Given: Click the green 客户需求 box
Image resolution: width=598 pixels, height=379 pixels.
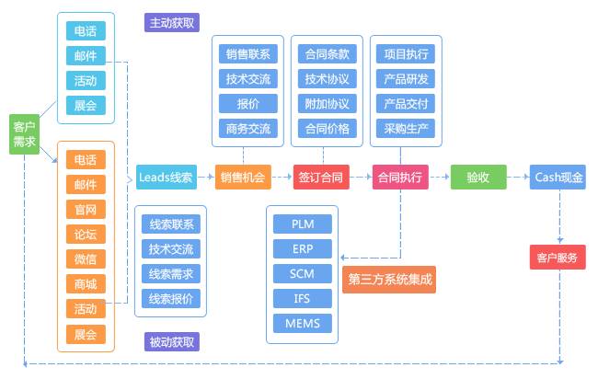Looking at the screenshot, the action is pyautogui.click(x=24, y=134).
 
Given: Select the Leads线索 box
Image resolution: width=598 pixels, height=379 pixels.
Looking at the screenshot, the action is pyautogui.click(x=167, y=177).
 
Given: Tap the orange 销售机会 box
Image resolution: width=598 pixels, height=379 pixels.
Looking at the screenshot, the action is pyautogui.click(x=243, y=177).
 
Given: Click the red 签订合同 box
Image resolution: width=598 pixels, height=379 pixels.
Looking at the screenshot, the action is pyautogui.click(x=321, y=177).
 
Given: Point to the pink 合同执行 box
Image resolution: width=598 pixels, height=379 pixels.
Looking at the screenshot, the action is pyautogui.click(x=400, y=177).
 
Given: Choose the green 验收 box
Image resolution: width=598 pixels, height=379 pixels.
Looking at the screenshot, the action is pyautogui.click(x=478, y=177).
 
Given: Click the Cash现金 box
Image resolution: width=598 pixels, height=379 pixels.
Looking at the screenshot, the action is pyautogui.click(x=558, y=177).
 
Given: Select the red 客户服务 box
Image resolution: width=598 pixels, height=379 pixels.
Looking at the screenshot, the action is pyautogui.click(x=558, y=258).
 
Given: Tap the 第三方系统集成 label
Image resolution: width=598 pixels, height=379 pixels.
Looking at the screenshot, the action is pyautogui.click(x=389, y=280).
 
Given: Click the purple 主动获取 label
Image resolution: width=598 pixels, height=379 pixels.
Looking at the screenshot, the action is pyautogui.click(x=172, y=23).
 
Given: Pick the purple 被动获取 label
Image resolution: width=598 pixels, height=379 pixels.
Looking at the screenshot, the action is pyautogui.click(x=172, y=341).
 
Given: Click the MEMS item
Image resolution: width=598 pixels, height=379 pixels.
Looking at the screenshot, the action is pyautogui.click(x=303, y=323).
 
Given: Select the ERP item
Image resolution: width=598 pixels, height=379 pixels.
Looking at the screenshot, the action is pyautogui.click(x=303, y=249).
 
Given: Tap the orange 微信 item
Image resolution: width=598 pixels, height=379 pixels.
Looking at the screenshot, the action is pyautogui.click(x=86, y=258).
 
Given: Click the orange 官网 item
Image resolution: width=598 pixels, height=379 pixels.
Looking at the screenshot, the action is pyautogui.click(x=86, y=210).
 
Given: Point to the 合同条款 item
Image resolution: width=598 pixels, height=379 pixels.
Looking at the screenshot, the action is pyautogui.click(x=328, y=53).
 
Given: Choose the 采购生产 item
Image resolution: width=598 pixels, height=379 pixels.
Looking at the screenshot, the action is pyautogui.click(x=406, y=129).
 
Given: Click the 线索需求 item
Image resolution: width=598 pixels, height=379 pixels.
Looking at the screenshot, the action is pyautogui.click(x=171, y=274).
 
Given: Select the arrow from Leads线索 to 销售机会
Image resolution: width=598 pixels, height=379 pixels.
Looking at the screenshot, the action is pyautogui.click(x=205, y=177).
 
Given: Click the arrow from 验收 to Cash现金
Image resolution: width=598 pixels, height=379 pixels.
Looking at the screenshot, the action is pyautogui.click(x=518, y=177).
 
